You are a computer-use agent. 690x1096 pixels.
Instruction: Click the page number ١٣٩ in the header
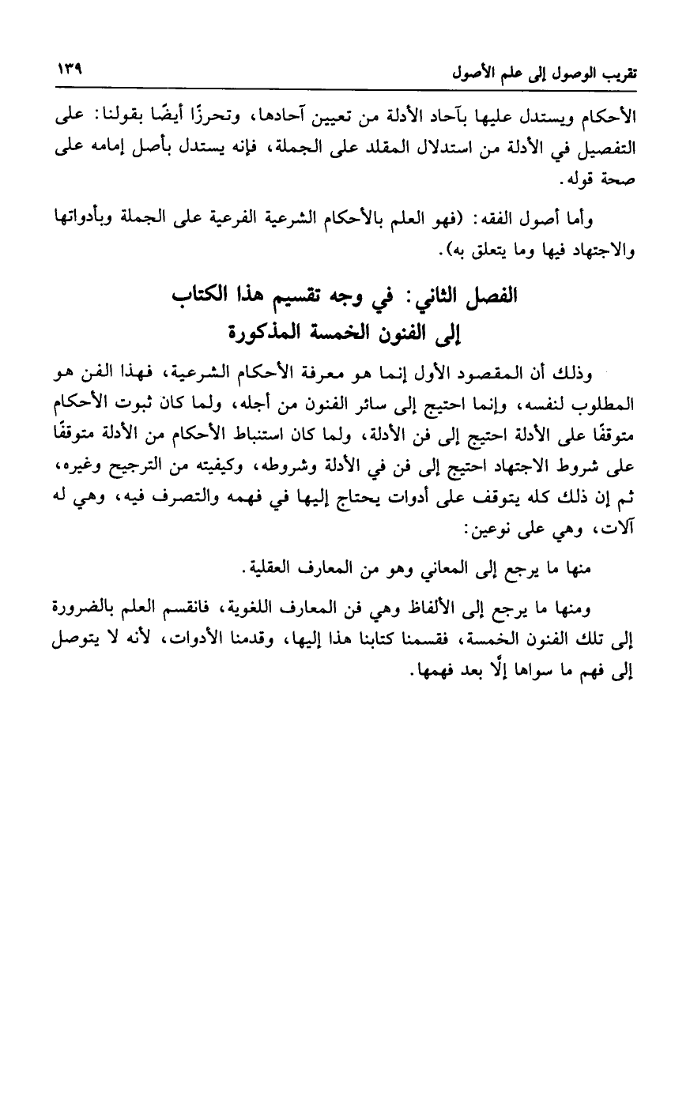(70, 69)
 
